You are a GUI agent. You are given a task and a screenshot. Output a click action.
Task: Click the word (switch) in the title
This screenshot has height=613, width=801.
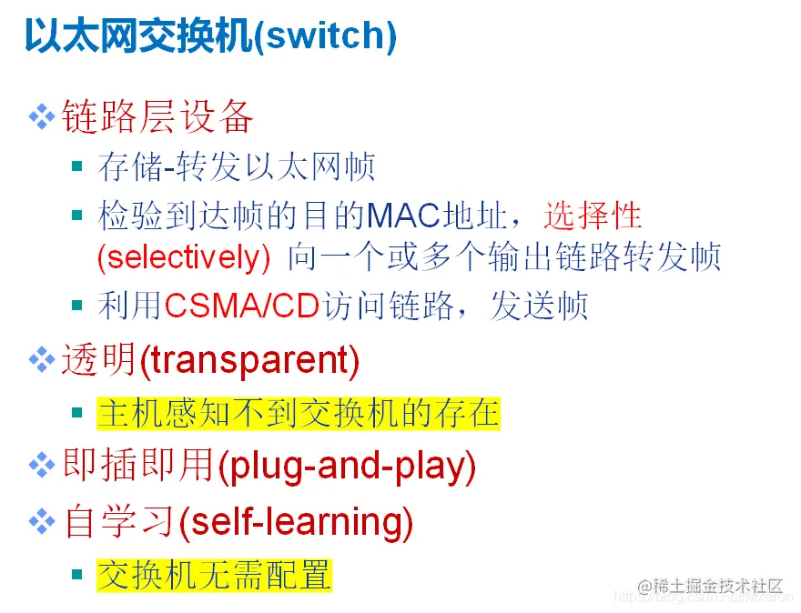click(327, 36)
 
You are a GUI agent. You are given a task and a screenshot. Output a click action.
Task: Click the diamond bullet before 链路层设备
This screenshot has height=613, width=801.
click(43, 116)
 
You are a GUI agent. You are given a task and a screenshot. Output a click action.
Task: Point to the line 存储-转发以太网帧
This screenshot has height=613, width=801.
click(238, 167)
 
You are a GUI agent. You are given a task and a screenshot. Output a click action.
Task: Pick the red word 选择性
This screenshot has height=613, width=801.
click(593, 216)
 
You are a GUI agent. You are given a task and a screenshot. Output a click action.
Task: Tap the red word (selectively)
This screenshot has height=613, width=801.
click(184, 257)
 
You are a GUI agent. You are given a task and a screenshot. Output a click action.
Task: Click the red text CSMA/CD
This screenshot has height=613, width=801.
click(241, 306)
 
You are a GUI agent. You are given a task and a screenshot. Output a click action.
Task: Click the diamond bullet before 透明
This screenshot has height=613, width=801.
click(43, 361)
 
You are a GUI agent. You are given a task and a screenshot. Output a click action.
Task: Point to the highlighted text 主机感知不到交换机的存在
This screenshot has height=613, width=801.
click(299, 414)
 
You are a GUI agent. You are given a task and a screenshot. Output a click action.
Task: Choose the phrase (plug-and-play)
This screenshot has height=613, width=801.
click(347, 467)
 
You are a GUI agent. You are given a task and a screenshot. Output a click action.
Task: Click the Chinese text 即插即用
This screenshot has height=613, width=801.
click(137, 467)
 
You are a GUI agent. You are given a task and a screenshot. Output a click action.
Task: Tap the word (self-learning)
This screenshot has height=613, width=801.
click(296, 521)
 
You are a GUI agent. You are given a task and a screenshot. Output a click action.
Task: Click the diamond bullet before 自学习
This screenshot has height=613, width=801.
click(43, 521)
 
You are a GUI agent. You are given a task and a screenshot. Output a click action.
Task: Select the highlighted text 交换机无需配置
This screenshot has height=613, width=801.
click(215, 575)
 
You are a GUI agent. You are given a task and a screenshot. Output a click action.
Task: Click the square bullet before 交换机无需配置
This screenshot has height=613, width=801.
click(79, 573)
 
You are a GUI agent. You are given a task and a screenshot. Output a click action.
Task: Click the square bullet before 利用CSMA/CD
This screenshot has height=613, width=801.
click(79, 304)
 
